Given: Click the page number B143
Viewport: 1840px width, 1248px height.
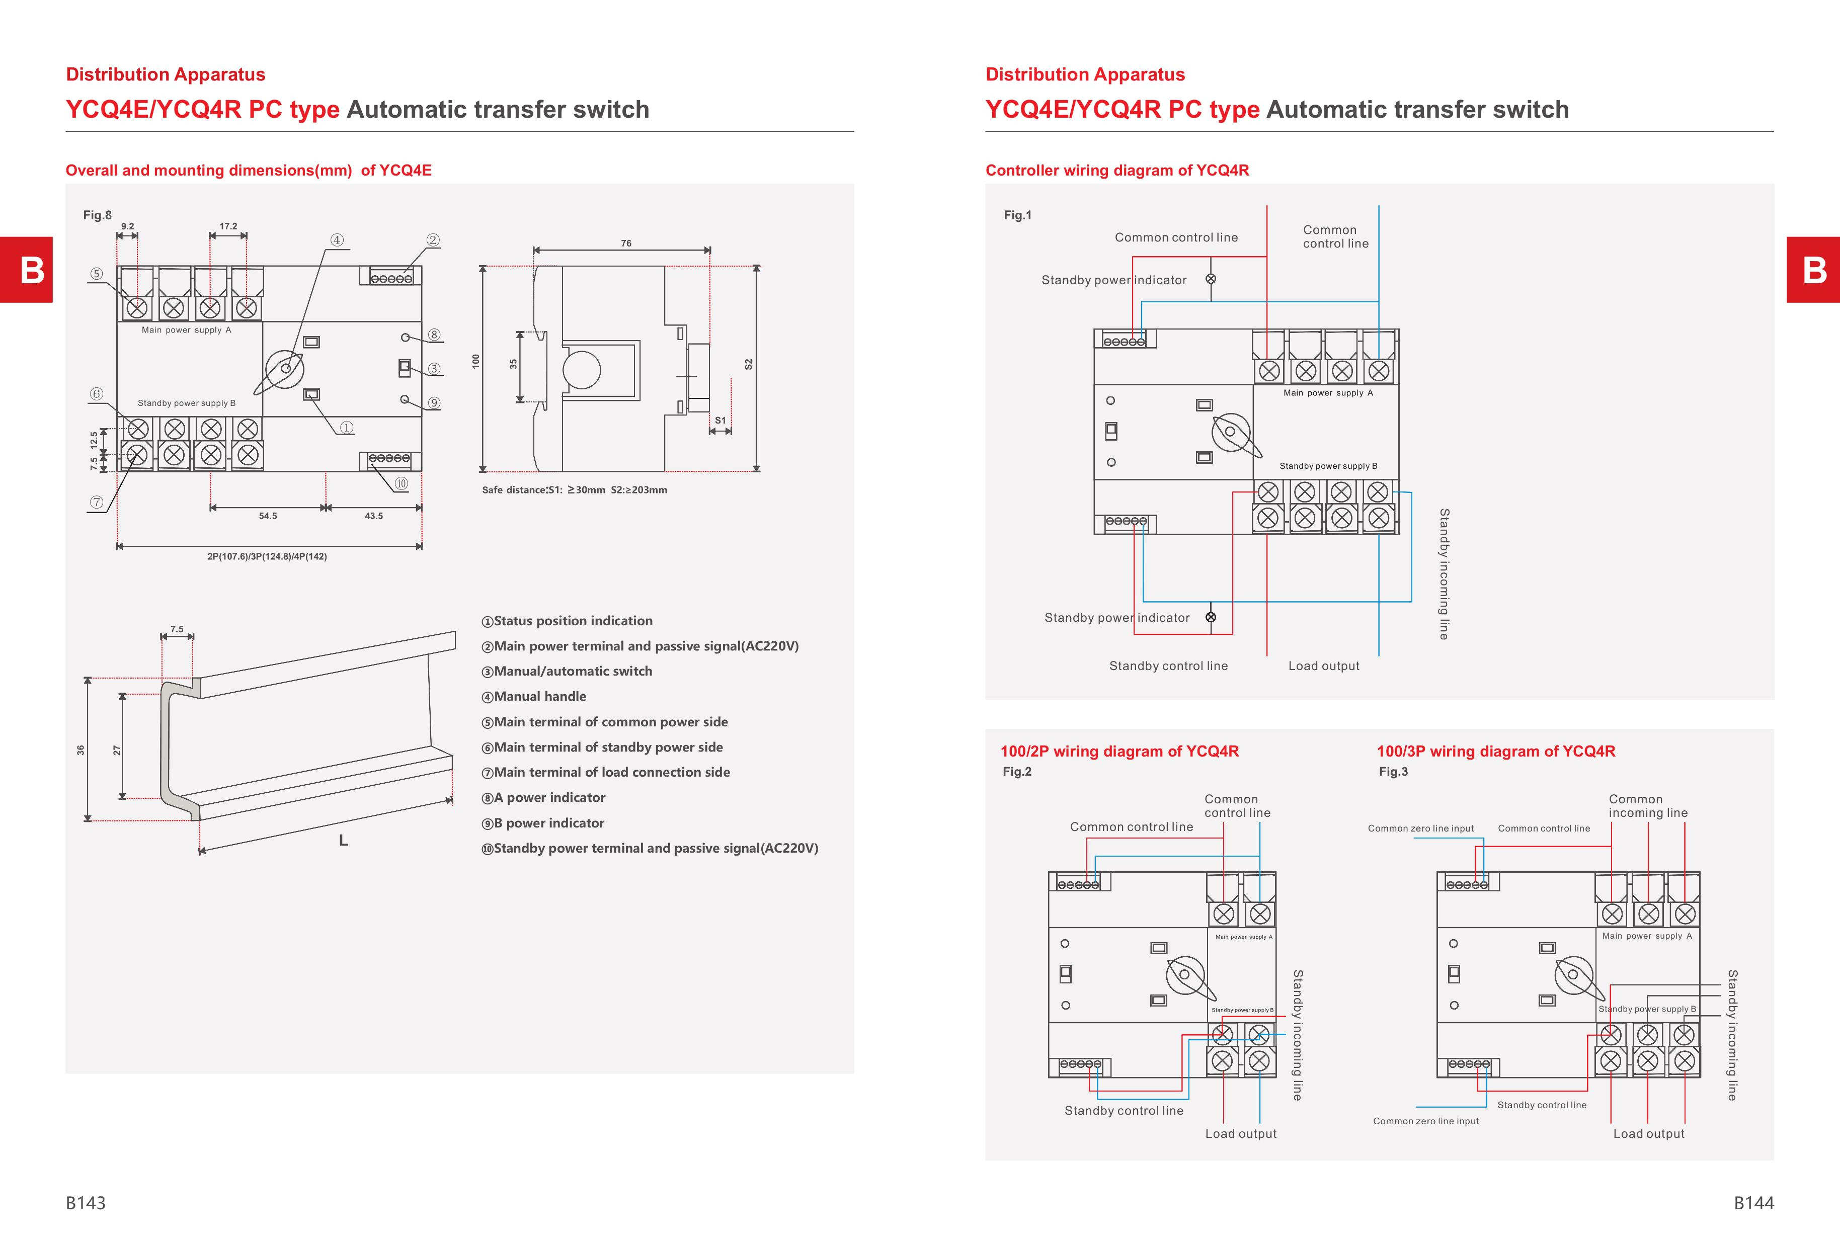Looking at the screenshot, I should [86, 1203].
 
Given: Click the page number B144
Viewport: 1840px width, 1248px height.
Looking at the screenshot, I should [1753, 1203].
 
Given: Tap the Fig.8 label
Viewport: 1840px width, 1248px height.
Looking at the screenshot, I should [98, 215].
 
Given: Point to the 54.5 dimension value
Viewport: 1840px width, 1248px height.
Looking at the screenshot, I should [268, 516].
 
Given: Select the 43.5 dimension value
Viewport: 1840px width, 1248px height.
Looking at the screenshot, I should [374, 516].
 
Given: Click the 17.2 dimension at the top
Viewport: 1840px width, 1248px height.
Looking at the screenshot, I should [228, 226].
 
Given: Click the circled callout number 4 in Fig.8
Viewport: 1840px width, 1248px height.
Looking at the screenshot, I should [337, 240].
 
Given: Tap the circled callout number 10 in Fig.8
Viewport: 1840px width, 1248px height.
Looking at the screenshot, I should [402, 483].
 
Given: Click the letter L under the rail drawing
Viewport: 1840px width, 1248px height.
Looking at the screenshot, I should [344, 841].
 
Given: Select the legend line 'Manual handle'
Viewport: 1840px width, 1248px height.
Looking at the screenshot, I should [534, 696].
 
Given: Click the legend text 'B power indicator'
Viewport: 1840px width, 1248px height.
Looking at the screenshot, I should [543, 823].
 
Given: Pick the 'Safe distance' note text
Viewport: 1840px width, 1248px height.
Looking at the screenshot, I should [575, 490].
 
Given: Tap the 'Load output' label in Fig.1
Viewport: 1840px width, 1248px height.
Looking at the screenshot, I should [1324, 667].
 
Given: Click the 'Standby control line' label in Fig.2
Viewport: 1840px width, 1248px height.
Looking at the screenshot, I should [1124, 1111].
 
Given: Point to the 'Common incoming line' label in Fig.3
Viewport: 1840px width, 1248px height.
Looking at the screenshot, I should [1648, 806].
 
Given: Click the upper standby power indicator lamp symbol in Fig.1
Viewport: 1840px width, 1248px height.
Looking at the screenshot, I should [1211, 279].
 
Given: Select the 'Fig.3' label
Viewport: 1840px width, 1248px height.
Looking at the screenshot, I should [1394, 772].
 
